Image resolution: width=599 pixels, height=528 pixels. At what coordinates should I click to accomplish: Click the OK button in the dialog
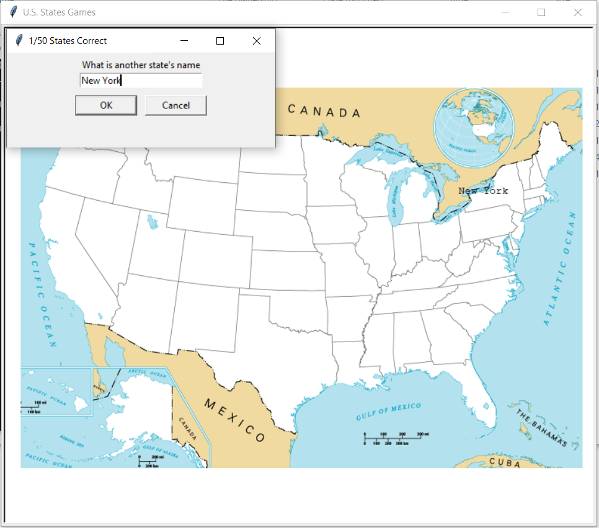(x=106, y=105)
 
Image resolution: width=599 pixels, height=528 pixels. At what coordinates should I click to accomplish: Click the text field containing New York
(x=141, y=81)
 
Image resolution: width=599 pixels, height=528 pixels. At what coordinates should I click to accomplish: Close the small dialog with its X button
(x=257, y=41)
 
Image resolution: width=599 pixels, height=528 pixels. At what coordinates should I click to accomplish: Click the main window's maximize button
(x=541, y=12)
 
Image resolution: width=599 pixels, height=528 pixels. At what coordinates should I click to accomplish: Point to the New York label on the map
(x=483, y=191)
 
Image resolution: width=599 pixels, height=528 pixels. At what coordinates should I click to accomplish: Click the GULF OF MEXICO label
(x=389, y=411)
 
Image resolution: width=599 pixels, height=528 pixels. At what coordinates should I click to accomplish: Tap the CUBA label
(x=505, y=462)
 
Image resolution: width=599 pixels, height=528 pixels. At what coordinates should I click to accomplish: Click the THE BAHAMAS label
(x=541, y=428)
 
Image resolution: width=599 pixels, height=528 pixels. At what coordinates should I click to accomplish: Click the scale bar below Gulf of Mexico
(x=395, y=439)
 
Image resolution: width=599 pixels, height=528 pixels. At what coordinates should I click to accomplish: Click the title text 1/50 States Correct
(x=68, y=41)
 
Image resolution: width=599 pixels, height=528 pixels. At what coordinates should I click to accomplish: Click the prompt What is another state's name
(x=141, y=65)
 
